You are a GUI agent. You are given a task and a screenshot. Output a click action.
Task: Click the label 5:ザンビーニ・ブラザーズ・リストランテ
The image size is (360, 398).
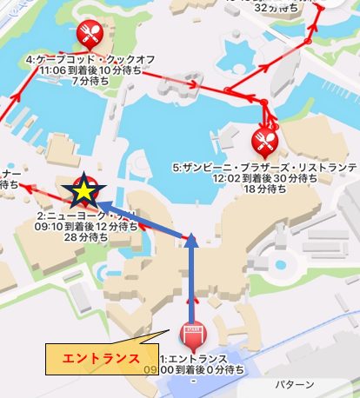[x=265, y=164]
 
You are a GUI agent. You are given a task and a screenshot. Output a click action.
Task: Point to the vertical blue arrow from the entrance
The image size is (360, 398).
[x=191, y=278]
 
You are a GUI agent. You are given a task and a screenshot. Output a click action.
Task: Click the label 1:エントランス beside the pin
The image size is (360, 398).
[x=192, y=357]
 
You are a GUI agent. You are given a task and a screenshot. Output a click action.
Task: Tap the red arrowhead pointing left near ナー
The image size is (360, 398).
[x=25, y=185]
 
